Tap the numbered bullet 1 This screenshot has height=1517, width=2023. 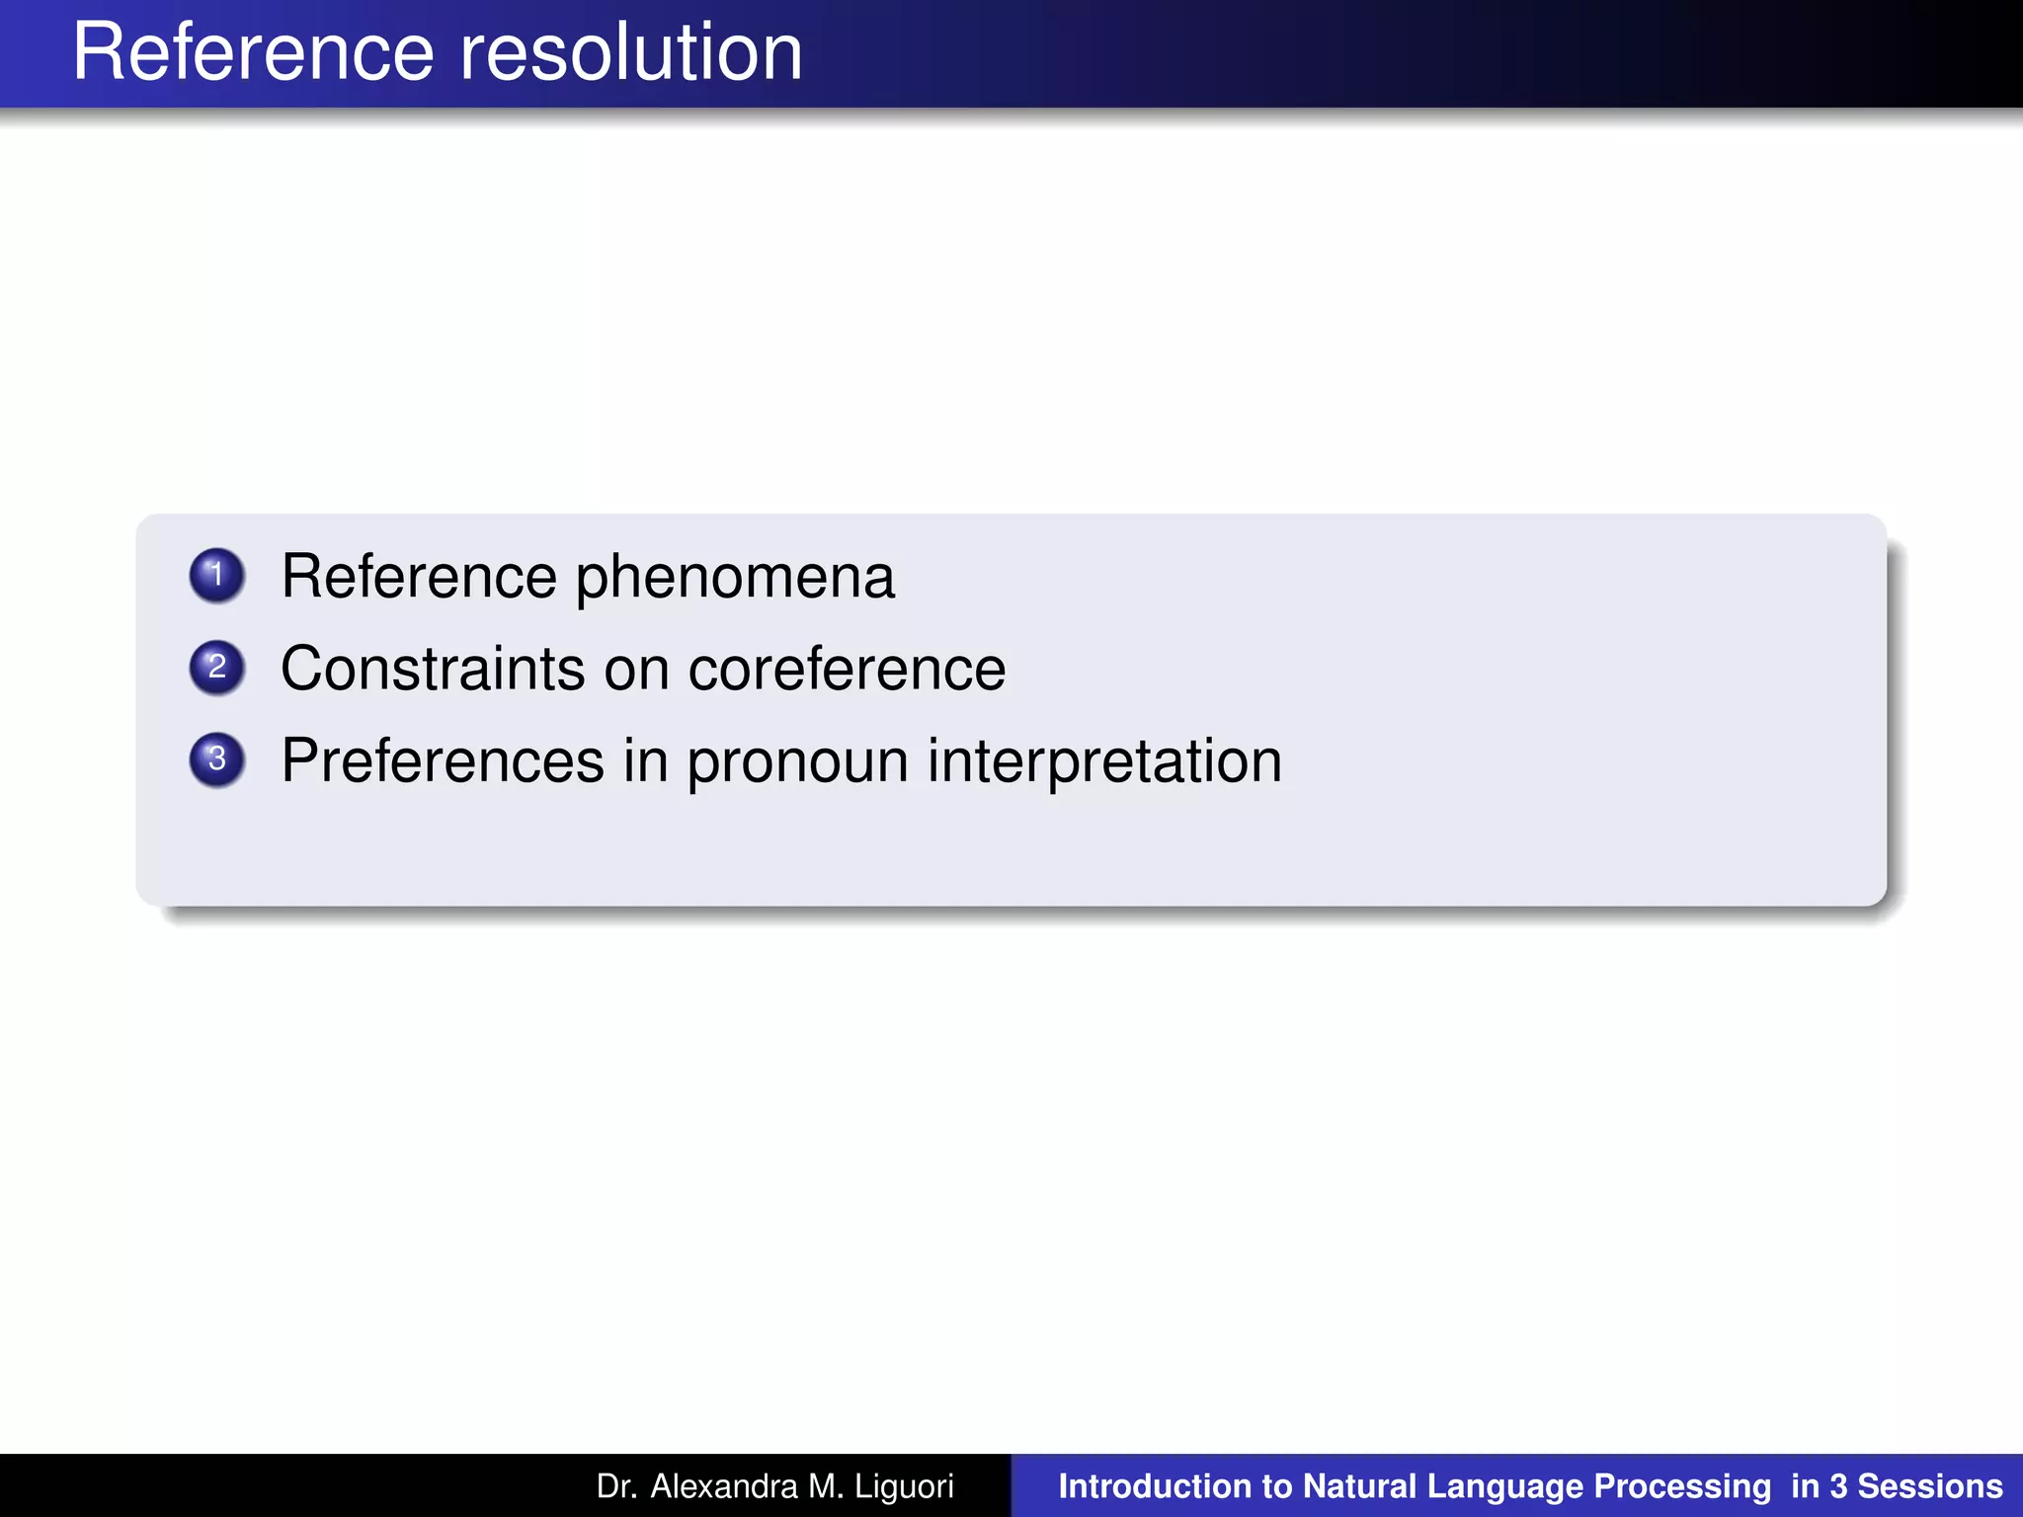[216, 575]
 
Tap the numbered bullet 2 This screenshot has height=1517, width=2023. [216, 667]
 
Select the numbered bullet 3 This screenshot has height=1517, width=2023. [216, 759]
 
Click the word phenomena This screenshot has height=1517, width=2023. [735, 578]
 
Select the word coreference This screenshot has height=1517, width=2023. [847, 669]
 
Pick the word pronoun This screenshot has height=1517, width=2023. [797, 762]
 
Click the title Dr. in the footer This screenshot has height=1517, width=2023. [615, 1485]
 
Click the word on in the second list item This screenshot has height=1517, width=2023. [636, 670]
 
